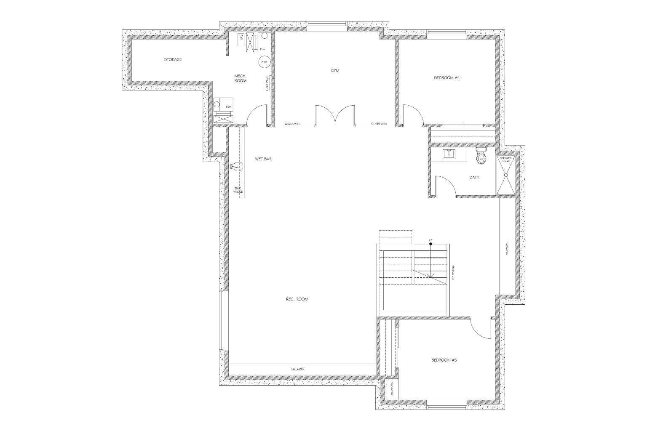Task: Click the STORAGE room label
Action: click(x=173, y=60)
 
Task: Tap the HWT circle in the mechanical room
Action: click(x=265, y=62)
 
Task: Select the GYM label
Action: click(x=335, y=71)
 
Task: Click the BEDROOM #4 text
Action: click(x=446, y=78)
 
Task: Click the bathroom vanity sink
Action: click(x=449, y=154)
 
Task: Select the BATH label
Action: click(x=474, y=178)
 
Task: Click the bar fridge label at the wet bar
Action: click(x=238, y=190)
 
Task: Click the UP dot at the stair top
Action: click(x=430, y=244)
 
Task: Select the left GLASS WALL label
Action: click(x=293, y=124)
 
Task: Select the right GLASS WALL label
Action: click(x=379, y=124)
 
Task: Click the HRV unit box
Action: click(x=241, y=40)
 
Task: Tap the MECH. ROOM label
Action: click(x=240, y=78)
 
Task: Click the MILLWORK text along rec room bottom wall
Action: click(x=298, y=370)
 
